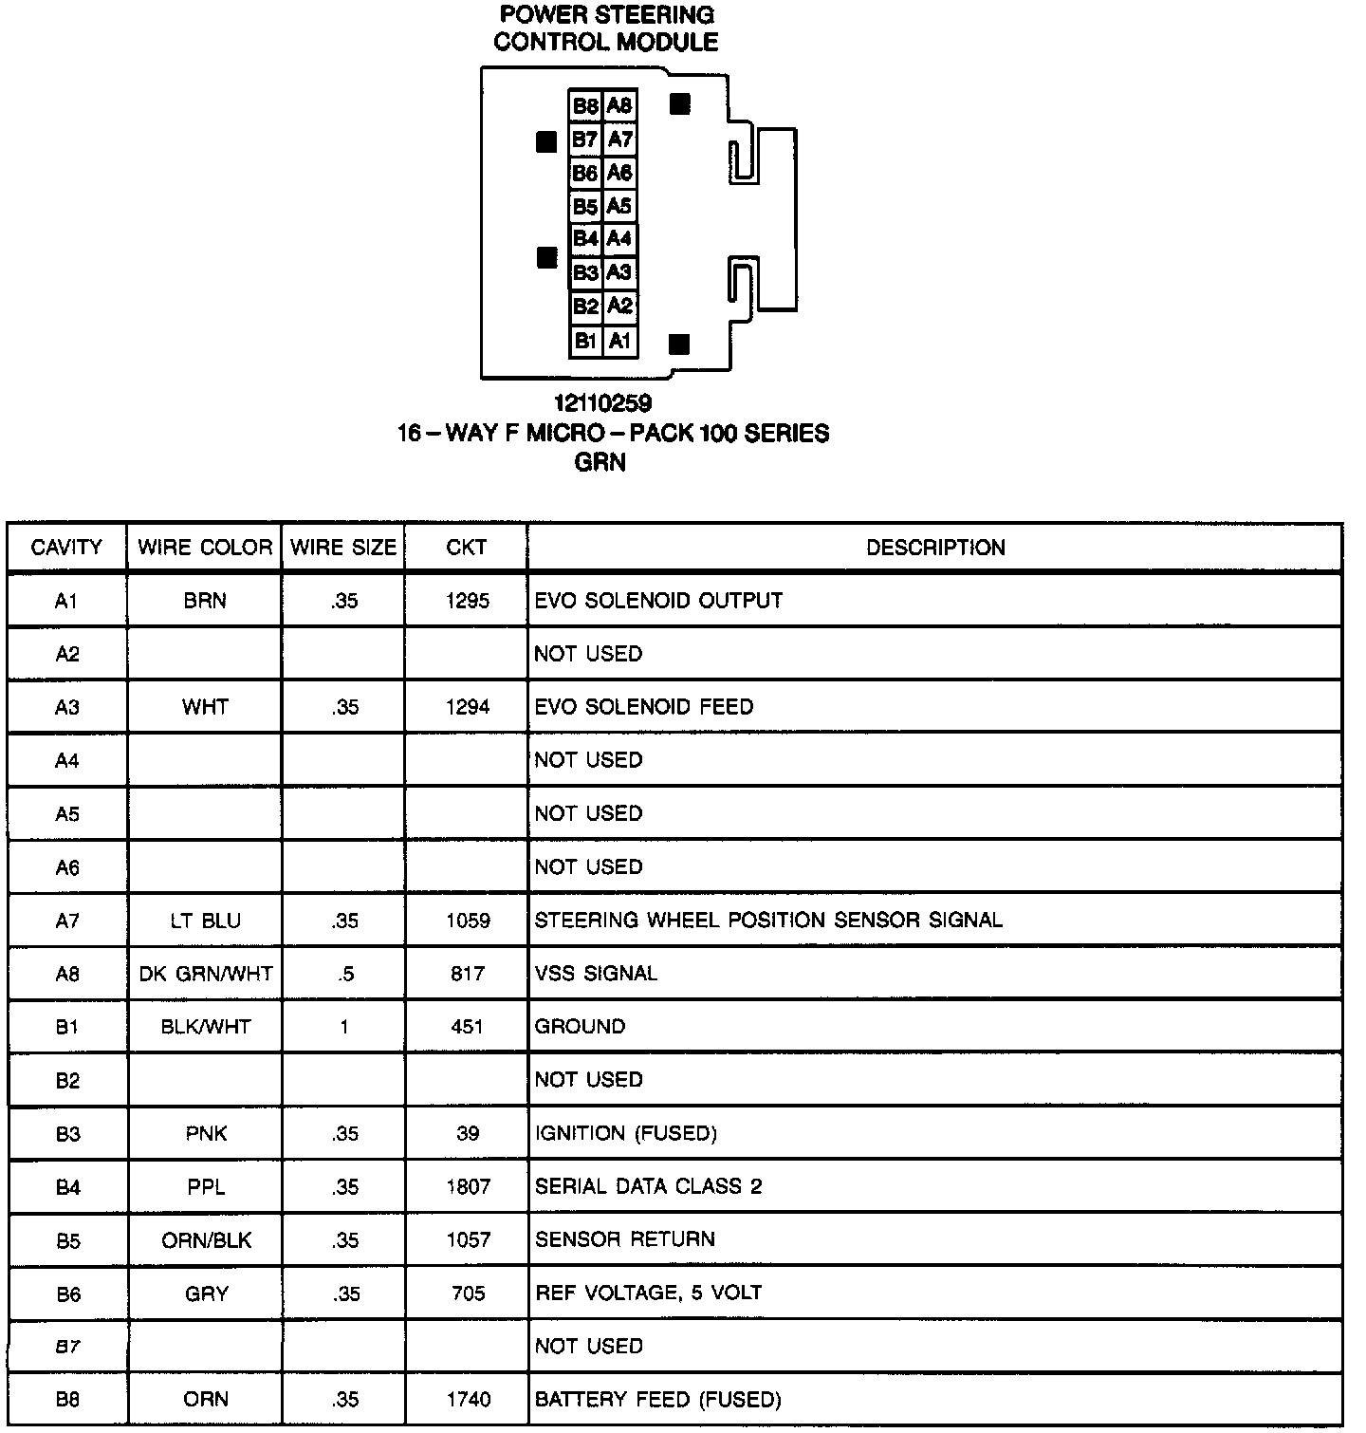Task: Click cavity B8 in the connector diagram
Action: pos(585,106)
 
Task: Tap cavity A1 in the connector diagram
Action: pos(620,341)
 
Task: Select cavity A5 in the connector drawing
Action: pos(619,206)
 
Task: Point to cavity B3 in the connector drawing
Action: pos(585,273)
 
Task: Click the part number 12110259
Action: pos(603,404)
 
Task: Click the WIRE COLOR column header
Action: pos(205,548)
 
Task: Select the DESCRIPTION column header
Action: pos(935,548)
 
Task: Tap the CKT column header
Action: pos(466,548)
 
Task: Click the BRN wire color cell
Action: pos(205,601)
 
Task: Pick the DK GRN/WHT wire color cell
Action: pos(206,974)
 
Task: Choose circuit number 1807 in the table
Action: pos(468,1186)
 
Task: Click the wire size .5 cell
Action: pos(344,974)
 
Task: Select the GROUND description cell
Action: pos(580,1027)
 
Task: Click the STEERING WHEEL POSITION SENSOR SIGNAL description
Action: pos(768,921)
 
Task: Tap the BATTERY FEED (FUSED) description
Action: pos(657,1400)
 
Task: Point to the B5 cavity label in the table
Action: pos(67,1240)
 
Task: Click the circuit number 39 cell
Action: pos(468,1133)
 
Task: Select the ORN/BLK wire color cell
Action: pos(206,1240)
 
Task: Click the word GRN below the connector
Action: pos(600,463)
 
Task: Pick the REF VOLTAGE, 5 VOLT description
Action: pos(648,1293)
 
